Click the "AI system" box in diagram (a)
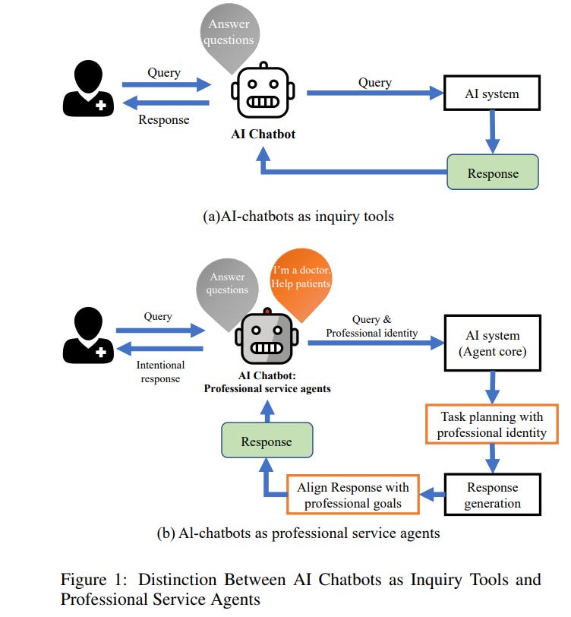(x=491, y=93)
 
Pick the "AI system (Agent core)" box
(x=491, y=343)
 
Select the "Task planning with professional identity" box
(x=491, y=424)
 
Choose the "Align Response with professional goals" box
(x=353, y=495)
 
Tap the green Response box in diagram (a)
(x=492, y=172)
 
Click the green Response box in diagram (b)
(x=266, y=441)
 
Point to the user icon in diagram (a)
(x=89, y=90)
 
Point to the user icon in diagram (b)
(x=89, y=337)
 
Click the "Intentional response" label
(x=160, y=371)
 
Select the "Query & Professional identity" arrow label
(x=372, y=327)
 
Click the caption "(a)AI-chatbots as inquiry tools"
(x=298, y=217)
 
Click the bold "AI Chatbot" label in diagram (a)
(x=263, y=134)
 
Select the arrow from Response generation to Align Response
(x=431, y=495)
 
